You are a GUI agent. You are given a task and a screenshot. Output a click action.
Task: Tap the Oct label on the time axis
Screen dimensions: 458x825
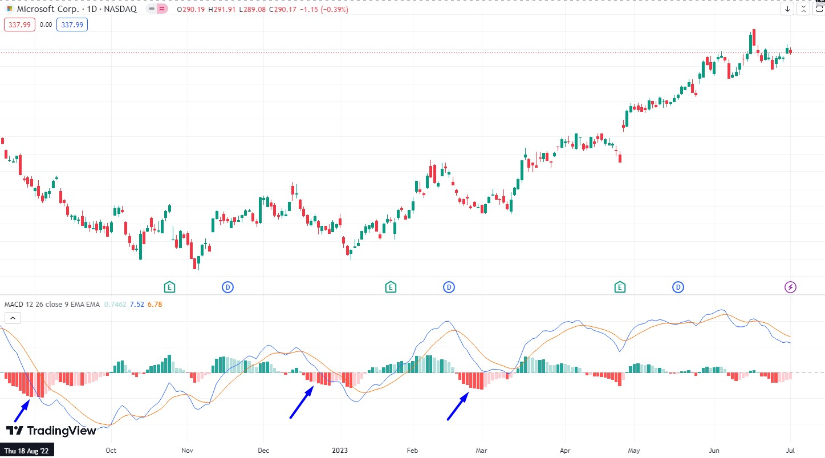[x=111, y=450]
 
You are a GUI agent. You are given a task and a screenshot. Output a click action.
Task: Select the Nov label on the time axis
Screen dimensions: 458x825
[x=187, y=450]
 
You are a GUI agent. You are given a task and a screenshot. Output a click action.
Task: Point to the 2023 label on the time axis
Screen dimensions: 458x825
[x=340, y=450]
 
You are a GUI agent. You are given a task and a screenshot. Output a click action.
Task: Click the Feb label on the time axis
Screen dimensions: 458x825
[x=412, y=450]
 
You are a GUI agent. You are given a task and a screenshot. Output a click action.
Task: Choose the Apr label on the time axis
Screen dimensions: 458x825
[x=565, y=450]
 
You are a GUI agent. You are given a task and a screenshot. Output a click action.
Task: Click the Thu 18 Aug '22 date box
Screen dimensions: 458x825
[x=27, y=450]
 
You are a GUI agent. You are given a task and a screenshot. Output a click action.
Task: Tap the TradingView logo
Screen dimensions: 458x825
[x=51, y=431]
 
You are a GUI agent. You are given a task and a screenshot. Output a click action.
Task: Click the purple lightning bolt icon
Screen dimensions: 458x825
[x=790, y=287]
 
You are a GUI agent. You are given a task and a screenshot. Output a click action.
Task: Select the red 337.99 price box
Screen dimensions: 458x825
[x=19, y=25]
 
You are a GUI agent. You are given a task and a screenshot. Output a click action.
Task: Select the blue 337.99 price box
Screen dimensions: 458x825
[x=72, y=25]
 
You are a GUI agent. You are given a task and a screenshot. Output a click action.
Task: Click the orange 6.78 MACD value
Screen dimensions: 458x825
[x=155, y=304]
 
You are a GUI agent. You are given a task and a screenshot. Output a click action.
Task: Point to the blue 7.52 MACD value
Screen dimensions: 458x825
[x=137, y=304]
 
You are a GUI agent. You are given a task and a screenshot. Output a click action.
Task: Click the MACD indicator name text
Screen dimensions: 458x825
[x=51, y=304]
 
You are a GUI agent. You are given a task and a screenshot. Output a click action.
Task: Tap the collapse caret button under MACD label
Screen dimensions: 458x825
[x=13, y=318]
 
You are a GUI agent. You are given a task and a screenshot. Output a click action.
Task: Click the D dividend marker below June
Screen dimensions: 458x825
[x=678, y=287]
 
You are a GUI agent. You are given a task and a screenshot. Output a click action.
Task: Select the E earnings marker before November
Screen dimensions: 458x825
[x=169, y=287]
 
